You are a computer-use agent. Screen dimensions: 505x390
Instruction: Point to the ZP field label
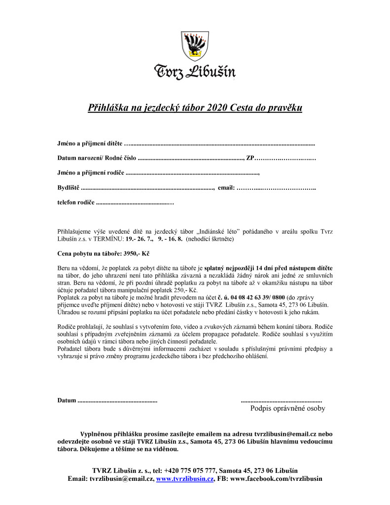[x=250, y=158]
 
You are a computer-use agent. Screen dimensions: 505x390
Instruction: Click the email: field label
[x=226, y=188]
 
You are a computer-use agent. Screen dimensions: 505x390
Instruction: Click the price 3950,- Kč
[x=128, y=252]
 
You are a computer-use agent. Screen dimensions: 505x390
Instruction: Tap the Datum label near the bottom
[x=67, y=400]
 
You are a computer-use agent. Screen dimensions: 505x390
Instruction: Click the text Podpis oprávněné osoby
[x=287, y=408]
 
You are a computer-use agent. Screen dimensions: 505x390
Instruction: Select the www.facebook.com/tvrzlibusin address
[x=277, y=479]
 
